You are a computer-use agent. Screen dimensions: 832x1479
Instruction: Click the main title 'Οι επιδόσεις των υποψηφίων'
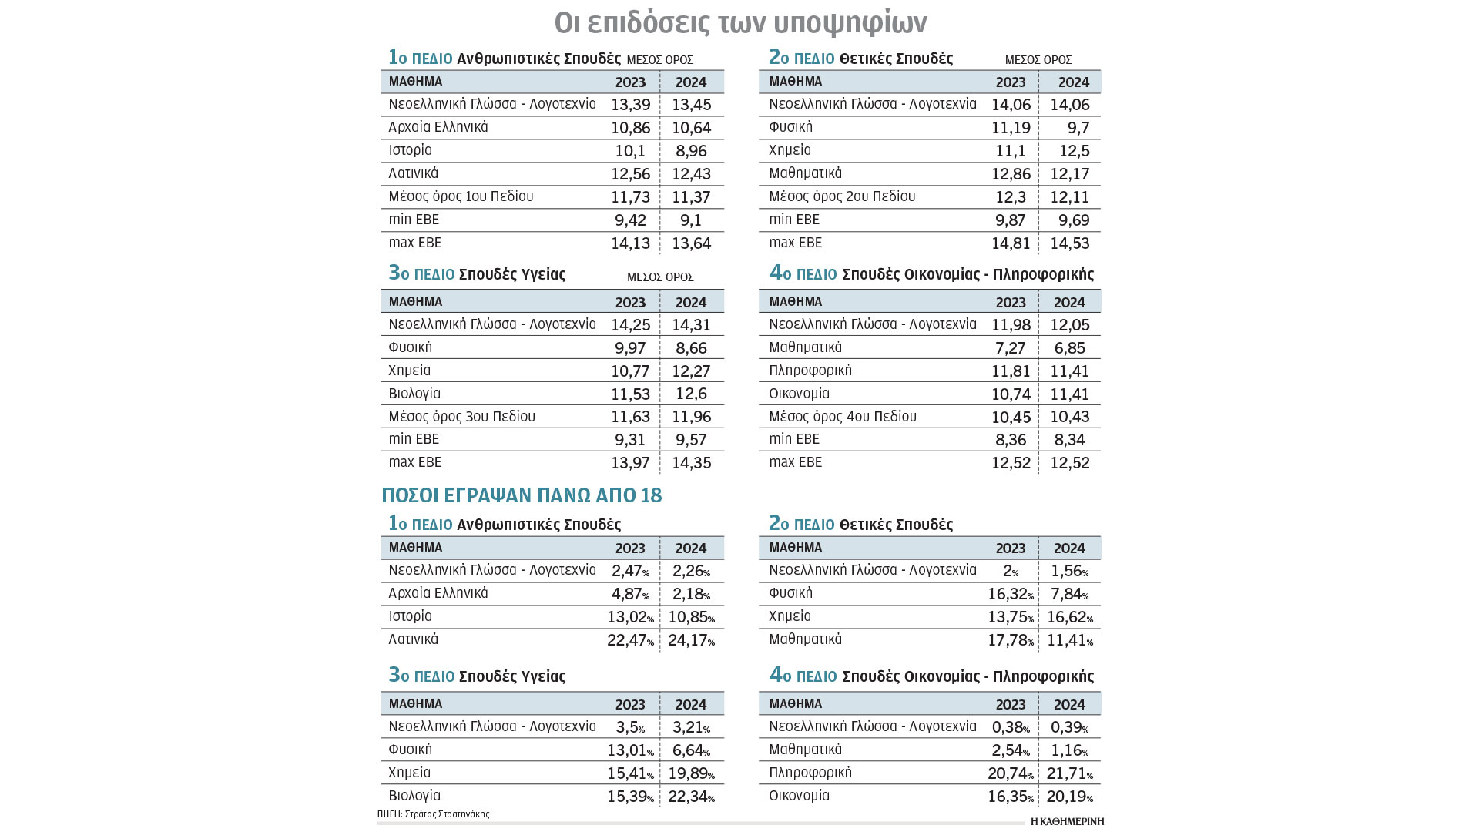[x=740, y=23]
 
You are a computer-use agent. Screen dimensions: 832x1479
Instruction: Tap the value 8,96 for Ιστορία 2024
[x=691, y=151]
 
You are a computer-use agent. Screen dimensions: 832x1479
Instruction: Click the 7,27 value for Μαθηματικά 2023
[x=1010, y=348]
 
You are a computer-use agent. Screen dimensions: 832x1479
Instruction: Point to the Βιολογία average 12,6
[x=691, y=394]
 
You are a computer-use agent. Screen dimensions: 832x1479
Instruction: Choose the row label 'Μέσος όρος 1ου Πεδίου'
[x=461, y=196]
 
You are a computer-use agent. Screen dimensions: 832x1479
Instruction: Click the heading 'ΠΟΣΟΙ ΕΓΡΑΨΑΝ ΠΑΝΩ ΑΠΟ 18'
[x=522, y=495]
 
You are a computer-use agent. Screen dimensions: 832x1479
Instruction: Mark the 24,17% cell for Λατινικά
[x=691, y=640]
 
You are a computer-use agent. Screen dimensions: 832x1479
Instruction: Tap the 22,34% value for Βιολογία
[x=691, y=797]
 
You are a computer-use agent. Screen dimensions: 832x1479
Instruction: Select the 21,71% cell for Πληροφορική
[x=1069, y=773]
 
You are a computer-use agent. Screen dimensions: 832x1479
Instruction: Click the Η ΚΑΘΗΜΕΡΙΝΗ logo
[x=1067, y=821]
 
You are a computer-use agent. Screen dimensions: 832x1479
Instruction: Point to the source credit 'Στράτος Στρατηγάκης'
[x=447, y=814]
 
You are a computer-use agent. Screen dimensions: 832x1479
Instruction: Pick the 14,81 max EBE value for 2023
[x=1010, y=243]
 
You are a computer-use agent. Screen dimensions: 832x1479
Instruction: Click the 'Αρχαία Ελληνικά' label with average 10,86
[x=438, y=127]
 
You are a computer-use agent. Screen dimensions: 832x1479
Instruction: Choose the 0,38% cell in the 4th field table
[x=1010, y=727]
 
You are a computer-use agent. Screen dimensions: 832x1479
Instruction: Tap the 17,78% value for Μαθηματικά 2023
[x=1010, y=640]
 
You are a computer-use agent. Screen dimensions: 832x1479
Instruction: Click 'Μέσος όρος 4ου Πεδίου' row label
[x=843, y=417]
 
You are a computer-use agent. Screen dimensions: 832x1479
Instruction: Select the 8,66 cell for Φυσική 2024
[x=691, y=348]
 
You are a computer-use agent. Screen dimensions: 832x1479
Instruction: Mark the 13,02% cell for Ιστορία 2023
[x=630, y=617]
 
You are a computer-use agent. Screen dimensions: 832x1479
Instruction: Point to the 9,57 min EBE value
[x=691, y=440]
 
